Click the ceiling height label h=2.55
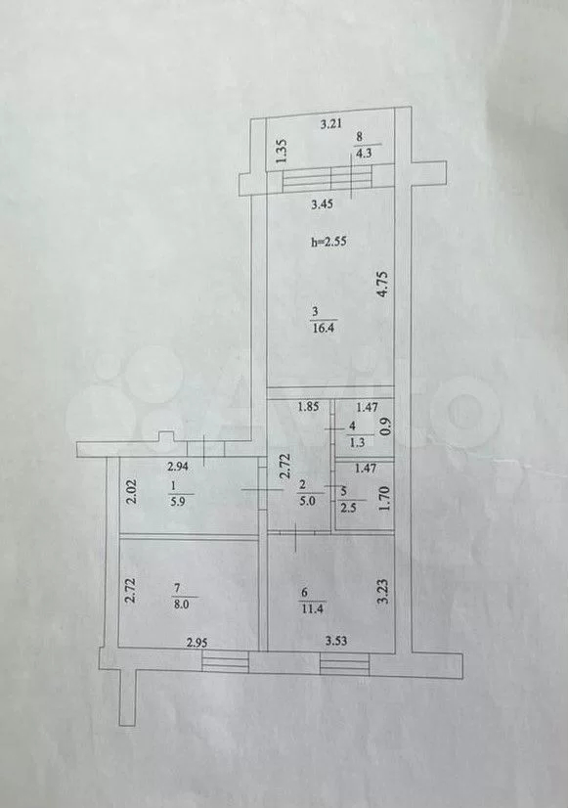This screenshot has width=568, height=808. (x=329, y=242)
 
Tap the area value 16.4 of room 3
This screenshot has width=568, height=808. (x=324, y=328)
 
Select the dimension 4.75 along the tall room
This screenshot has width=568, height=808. (x=381, y=285)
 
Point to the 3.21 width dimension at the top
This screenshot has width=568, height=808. (x=331, y=123)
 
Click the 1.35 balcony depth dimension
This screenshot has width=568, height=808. (x=282, y=152)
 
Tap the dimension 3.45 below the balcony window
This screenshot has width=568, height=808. (x=323, y=204)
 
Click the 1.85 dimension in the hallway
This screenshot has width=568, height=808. (x=309, y=407)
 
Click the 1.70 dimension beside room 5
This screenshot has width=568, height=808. (x=383, y=499)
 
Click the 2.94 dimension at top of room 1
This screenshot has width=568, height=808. (x=179, y=468)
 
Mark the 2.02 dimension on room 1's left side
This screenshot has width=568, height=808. (x=131, y=493)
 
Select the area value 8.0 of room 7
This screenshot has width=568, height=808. (x=182, y=605)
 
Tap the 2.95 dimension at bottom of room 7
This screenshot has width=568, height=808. (x=197, y=642)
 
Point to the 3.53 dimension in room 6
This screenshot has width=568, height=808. (x=335, y=641)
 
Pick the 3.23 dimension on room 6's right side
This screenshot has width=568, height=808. (x=380, y=593)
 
